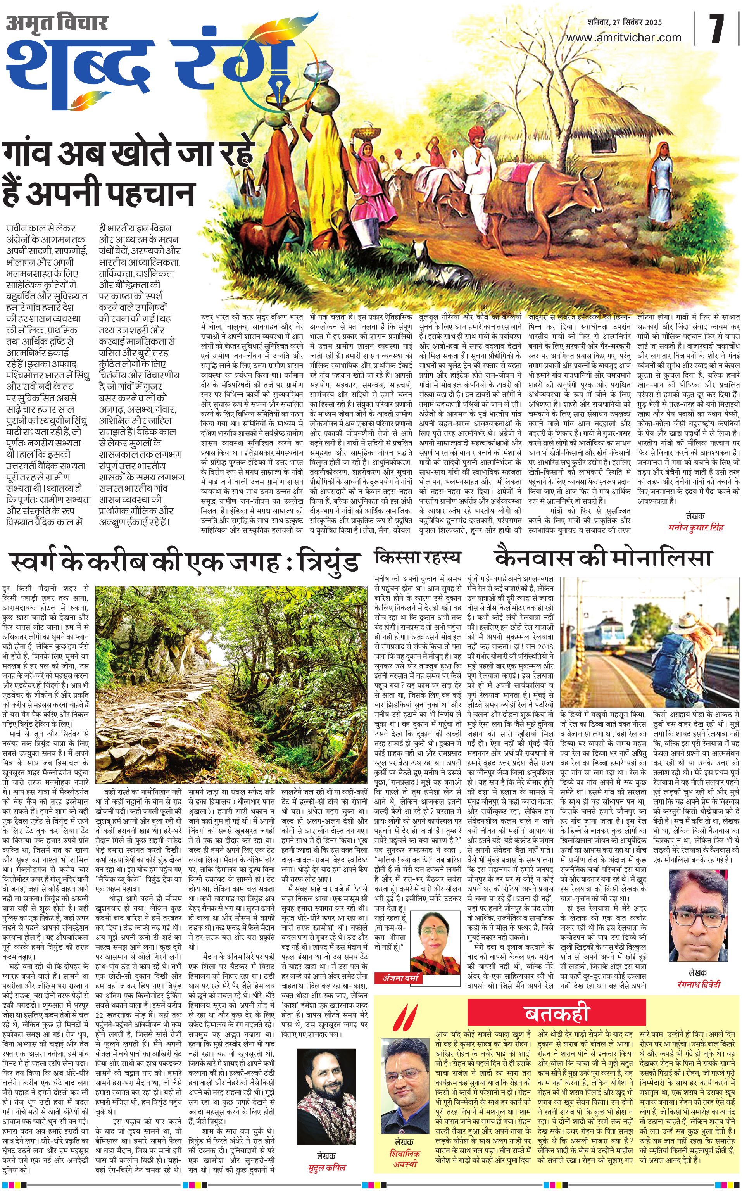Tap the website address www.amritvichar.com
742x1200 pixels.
(x=624, y=38)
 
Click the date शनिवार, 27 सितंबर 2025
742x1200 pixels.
(x=625, y=22)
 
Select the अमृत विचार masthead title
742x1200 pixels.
(x=57, y=23)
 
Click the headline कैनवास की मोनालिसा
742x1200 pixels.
(x=603, y=558)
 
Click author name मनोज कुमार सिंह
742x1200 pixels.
(x=696, y=528)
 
